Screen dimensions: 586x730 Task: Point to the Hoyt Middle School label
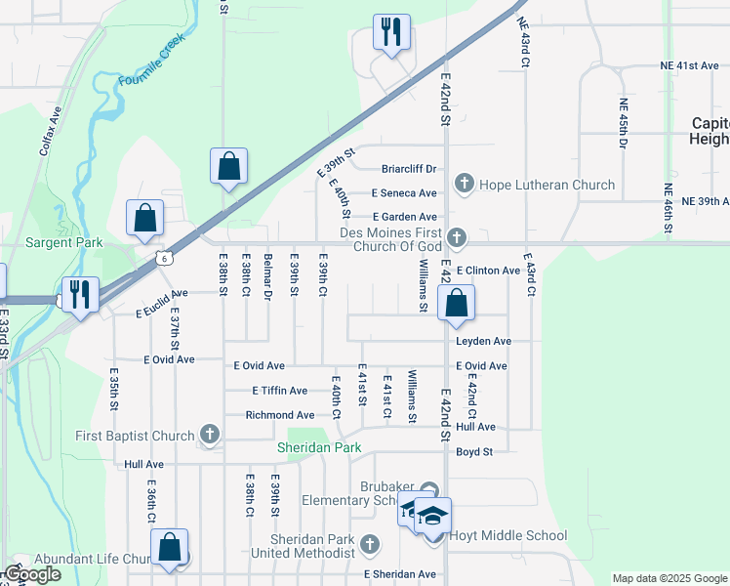[x=507, y=535]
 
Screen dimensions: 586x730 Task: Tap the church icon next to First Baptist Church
[x=209, y=434]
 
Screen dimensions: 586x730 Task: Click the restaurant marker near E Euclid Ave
[x=79, y=294]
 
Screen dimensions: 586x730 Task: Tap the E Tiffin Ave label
[x=281, y=391]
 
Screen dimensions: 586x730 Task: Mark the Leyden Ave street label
[x=482, y=342]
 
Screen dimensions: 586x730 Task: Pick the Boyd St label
[x=475, y=451]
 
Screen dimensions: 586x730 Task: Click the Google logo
[x=31, y=574]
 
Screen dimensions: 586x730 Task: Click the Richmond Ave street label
[x=279, y=415]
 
